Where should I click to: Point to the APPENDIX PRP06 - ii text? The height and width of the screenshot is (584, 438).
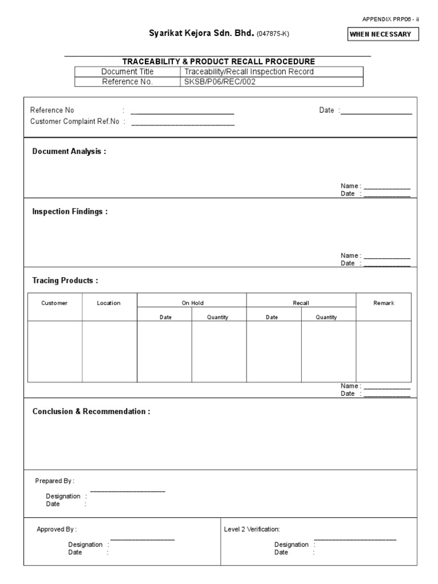391,19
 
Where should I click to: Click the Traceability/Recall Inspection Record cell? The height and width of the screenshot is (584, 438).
249,72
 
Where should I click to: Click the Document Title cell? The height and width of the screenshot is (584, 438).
127,72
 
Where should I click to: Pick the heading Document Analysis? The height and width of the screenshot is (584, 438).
69,152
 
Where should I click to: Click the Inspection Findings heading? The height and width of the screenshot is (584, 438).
70,212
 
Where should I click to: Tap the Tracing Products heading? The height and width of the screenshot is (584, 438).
65,281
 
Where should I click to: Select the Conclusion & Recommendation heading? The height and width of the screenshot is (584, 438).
91,412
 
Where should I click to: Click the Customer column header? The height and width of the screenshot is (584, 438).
55,303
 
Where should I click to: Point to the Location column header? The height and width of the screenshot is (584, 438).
109,303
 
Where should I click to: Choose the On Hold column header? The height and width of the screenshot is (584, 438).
192,303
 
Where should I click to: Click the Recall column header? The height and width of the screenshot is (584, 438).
301,303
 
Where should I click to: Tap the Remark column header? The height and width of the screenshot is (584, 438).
384,303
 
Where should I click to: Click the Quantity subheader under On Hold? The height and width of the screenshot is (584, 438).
218,318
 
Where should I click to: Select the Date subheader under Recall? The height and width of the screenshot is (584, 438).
272,318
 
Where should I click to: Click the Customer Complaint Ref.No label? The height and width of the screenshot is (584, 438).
75,121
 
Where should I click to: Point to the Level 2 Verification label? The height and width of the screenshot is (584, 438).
252,530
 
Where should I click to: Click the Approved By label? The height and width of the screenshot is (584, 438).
56,530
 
